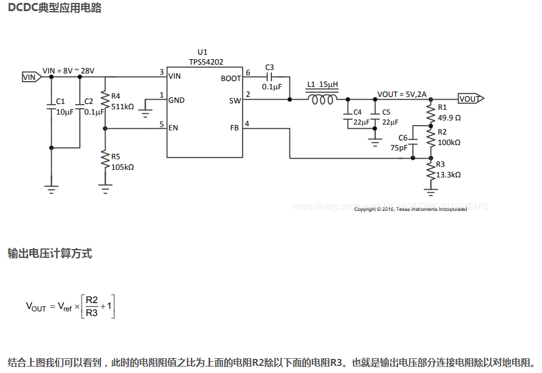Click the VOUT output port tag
pyautogui.click(x=469, y=99)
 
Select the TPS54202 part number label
pyautogui.click(x=206, y=62)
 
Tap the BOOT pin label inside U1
pyautogui.click(x=231, y=78)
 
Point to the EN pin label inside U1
pyautogui.click(x=173, y=128)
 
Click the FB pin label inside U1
pyautogui.click(x=234, y=128)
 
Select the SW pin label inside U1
pyautogui.click(x=234, y=100)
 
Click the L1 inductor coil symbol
pyautogui.click(x=323, y=99)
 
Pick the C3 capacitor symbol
pyautogui.click(x=270, y=76)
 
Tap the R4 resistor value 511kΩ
pyautogui.click(x=122, y=107)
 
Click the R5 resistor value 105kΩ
pyautogui.click(x=122, y=167)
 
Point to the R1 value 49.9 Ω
pyautogui.click(x=449, y=117)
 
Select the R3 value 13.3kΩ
pyautogui.click(x=449, y=174)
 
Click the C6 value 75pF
pyautogui.click(x=399, y=148)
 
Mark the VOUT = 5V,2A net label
pyautogui.click(x=402, y=94)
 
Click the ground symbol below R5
pyautogui.click(x=105, y=188)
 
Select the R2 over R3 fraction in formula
pyautogui.click(x=92, y=306)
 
